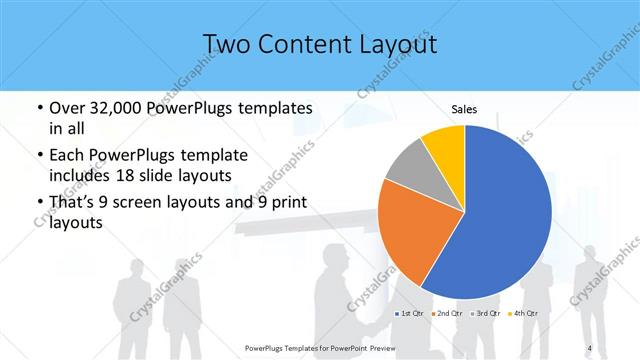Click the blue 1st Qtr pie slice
click(x=500, y=220)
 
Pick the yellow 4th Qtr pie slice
click(x=443, y=145)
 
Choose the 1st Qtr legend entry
click(x=409, y=314)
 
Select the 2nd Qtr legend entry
click(x=446, y=314)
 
